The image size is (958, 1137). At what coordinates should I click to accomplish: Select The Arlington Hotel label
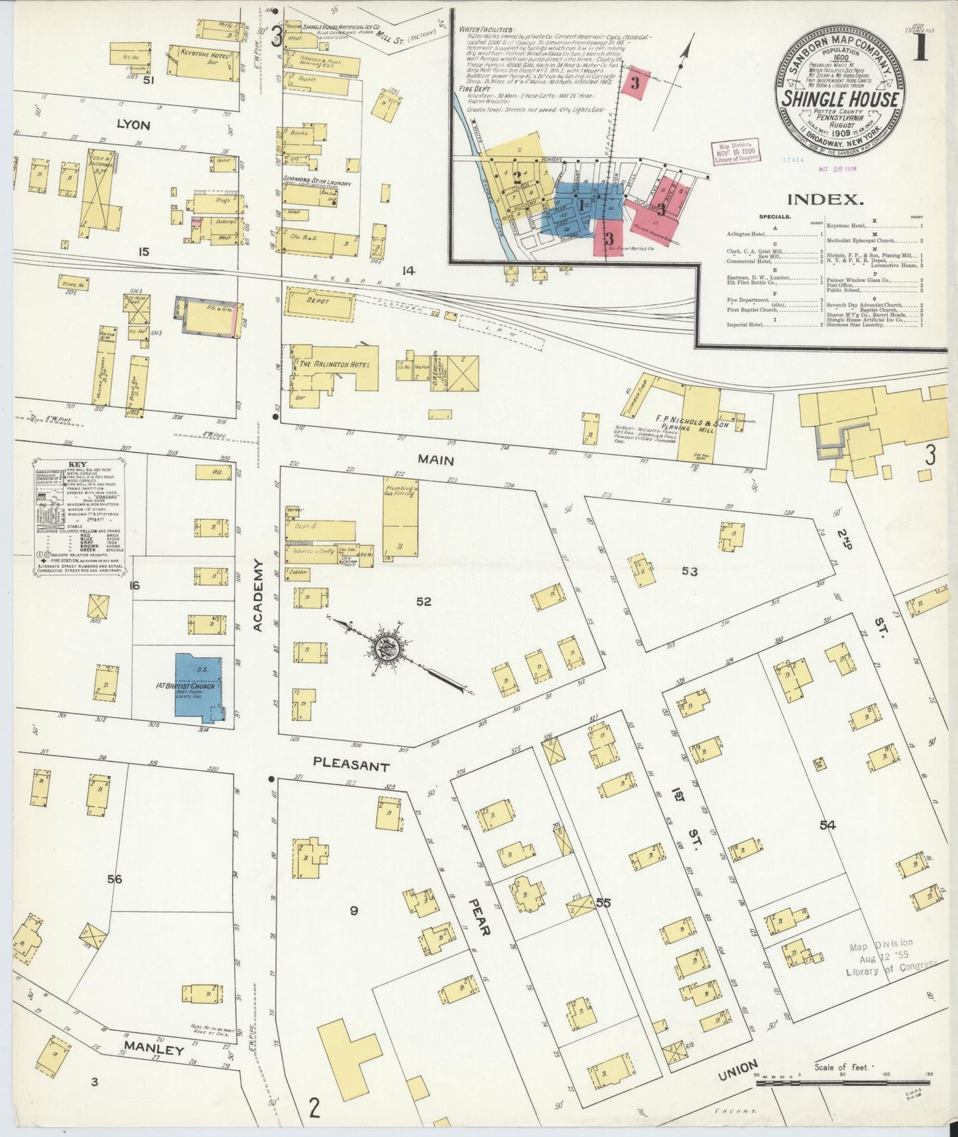click(329, 364)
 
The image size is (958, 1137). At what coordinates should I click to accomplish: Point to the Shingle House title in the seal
click(841, 100)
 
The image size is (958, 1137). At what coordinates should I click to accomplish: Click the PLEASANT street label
click(351, 764)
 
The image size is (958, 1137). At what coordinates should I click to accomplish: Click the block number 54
click(827, 826)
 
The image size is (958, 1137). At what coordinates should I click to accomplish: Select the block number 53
click(689, 570)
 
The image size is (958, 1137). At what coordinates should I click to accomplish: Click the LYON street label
click(133, 124)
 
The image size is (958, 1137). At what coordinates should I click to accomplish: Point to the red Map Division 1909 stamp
click(736, 153)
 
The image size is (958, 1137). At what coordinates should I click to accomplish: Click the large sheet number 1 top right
click(921, 50)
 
